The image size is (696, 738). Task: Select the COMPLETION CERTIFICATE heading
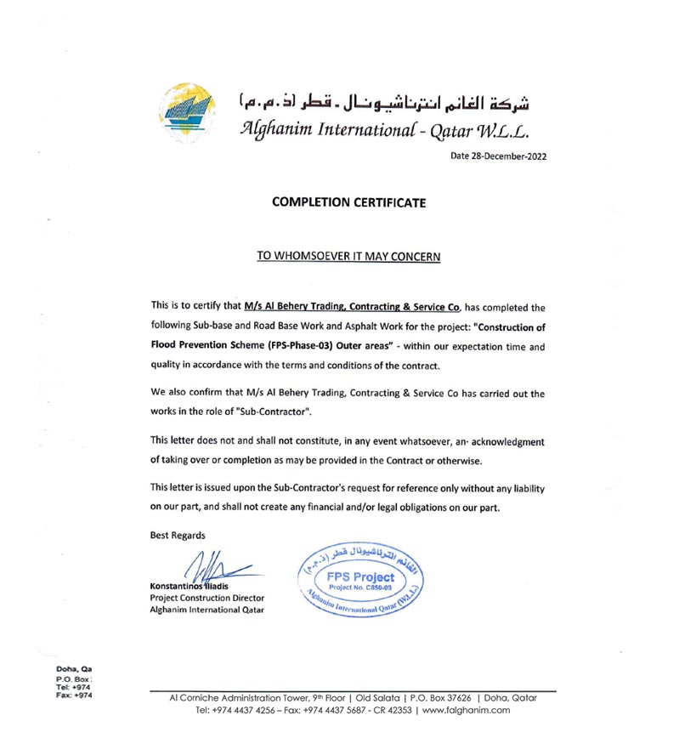click(348, 202)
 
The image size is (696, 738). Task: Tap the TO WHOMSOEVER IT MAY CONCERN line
click(348, 256)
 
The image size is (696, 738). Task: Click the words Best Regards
click(178, 535)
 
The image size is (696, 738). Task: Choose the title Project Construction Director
click(207, 598)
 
